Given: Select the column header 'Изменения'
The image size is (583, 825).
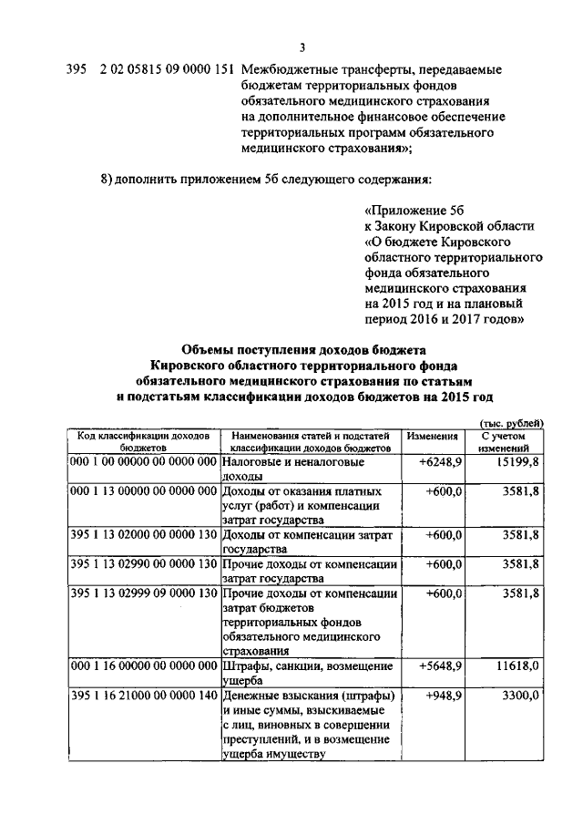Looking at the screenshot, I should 432,437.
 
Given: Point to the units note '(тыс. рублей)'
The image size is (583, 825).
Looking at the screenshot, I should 511,422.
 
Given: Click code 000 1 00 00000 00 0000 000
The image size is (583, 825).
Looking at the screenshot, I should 144,463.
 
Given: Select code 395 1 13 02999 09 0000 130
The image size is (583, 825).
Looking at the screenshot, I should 144,593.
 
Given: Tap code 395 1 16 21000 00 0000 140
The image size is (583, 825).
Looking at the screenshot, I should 144,696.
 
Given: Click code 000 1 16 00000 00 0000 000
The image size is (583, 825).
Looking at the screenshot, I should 144,666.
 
